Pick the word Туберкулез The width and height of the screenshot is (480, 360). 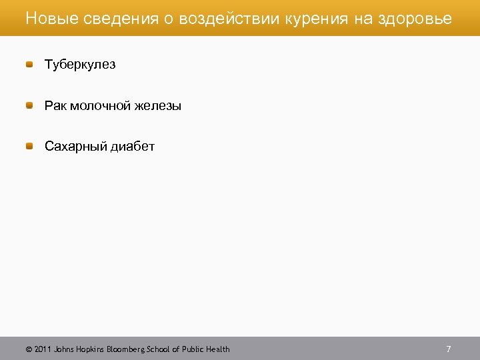(x=80, y=65)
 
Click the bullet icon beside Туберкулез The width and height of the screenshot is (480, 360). (x=29, y=64)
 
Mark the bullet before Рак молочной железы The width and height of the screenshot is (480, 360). (x=29, y=105)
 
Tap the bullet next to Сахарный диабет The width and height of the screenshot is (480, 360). (x=29, y=145)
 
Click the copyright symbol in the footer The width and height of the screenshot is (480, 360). (x=29, y=349)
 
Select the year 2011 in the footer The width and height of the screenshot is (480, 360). (x=42, y=349)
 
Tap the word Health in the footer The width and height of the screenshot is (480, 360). (x=217, y=349)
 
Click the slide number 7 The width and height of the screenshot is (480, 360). (x=449, y=349)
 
